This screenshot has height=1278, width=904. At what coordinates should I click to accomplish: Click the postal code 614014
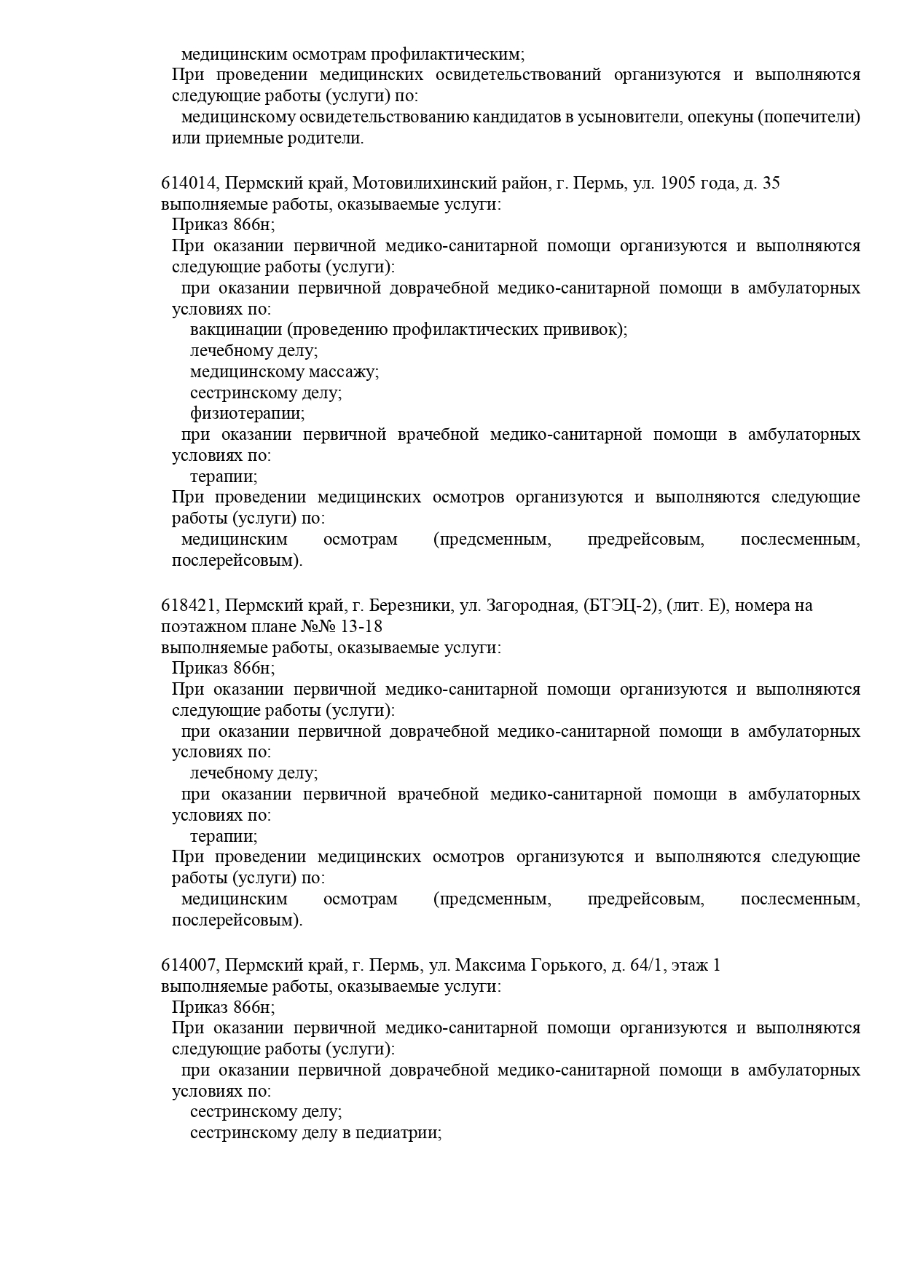pyautogui.click(x=189, y=184)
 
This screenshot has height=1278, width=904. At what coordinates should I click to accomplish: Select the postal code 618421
pyautogui.click(x=189, y=606)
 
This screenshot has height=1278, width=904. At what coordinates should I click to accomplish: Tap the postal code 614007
pyautogui.click(x=189, y=966)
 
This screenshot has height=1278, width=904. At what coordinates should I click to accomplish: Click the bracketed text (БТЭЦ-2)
pyautogui.click(x=621, y=606)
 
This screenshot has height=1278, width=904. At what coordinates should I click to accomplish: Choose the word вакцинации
pyautogui.click(x=236, y=330)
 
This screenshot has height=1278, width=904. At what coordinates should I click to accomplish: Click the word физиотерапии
pyautogui.click(x=247, y=414)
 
